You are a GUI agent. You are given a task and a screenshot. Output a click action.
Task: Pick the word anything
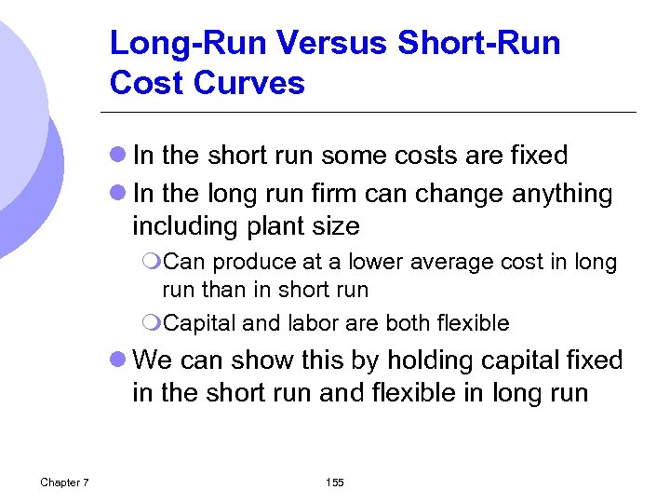click(562, 194)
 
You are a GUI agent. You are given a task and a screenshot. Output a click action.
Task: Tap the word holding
click(447, 360)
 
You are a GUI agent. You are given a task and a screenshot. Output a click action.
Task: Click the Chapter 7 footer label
click(64, 482)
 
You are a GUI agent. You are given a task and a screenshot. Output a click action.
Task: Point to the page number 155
click(334, 482)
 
